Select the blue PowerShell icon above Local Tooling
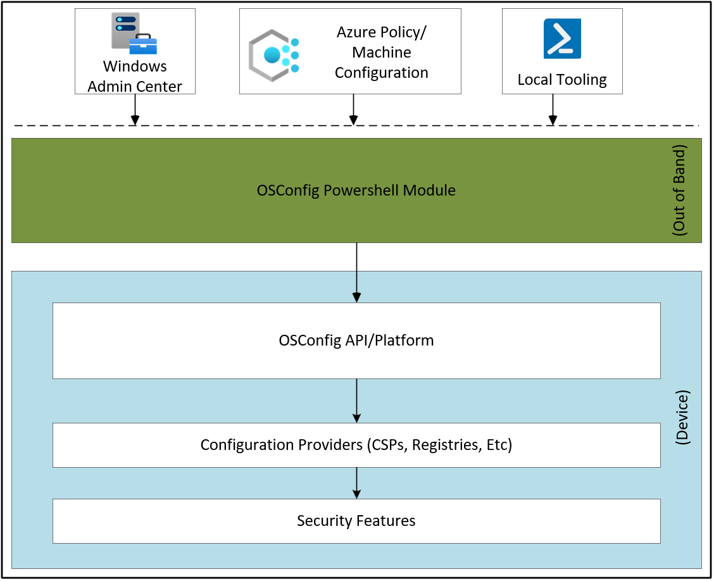pos(562,39)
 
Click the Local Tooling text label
pos(562,80)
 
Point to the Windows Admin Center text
pos(135,77)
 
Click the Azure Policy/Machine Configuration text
pos(381,53)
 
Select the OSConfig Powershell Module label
pos(356,190)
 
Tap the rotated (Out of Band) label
pos(680,191)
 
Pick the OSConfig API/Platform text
pos(356,340)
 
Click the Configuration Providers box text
pos(356,445)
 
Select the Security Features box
pos(356,521)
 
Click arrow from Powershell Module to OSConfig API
pos(356,272)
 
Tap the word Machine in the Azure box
pos(382,53)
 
